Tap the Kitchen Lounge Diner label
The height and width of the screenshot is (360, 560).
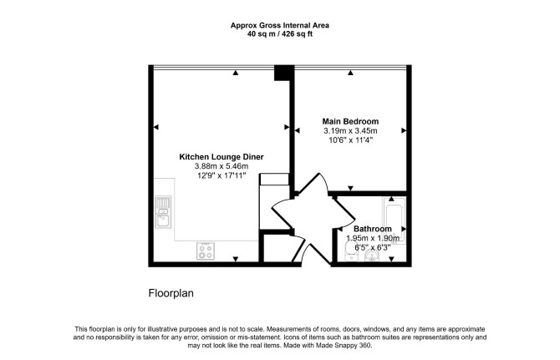pyautogui.click(x=221, y=157)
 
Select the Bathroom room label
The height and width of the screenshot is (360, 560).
pyautogui.click(x=373, y=229)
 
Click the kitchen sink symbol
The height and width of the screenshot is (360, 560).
pyautogui.click(x=163, y=212)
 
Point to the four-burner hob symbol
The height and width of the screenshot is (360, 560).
pyautogui.click(x=206, y=251)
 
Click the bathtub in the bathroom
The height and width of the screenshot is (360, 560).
pyautogui.click(x=395, y=220)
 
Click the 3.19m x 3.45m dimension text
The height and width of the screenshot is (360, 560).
pyautogui.click(x=350, y=131)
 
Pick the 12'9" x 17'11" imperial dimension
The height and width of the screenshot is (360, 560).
pyautogui.click(x=221, y=175)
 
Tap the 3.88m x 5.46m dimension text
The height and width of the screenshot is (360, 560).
pyautogui.click(x=221, y=166)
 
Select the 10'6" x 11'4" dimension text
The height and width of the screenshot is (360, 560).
pyautogui.click(x=350, y=140)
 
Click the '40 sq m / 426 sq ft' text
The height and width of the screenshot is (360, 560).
pyautogui.click(x=280, y=34)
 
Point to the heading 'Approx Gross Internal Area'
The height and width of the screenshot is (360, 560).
pyautogui.click(x=280, y=25)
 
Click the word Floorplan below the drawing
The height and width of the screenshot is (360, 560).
pyautogui.click(x=171, y=293)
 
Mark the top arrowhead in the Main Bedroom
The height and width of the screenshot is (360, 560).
pyautogui.click(x=350, y=73)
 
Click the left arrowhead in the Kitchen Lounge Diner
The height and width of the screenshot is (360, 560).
pyautogui.click(x=155, y=127)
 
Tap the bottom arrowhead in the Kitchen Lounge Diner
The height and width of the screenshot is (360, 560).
pyautogui.click(x=236, y=259)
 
